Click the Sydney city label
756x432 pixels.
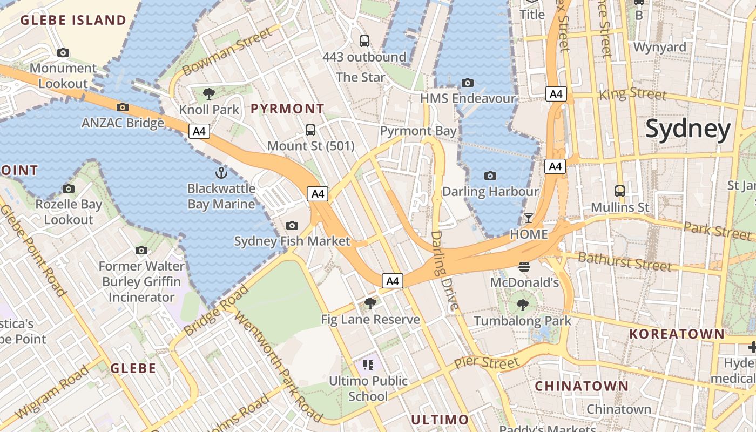[x=688, y=129]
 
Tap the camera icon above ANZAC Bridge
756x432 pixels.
[x=123, y=107]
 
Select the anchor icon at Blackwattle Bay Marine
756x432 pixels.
[x=221, y=173]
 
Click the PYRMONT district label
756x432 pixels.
[x=287, y=109]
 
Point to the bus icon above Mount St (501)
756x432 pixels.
[x=310, y=130]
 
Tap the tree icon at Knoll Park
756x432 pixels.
[x=209, y=94]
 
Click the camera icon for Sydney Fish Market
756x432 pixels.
[x=292, y=225]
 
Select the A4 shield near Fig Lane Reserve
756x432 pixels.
[x=393, y=281]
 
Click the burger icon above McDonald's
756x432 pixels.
[x=524, y=266]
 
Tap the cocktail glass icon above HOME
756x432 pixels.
[x=529, y=218]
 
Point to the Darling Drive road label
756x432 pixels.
[x=445, y=270]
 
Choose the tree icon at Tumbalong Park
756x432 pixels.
[x=522, y=305]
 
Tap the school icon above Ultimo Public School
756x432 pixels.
[x=369, y=365]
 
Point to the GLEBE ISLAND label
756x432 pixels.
[x=73, y=21]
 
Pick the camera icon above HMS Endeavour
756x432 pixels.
[x=468, y=83]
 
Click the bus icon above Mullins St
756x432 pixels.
[x=620, y=191]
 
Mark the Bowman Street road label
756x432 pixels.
[x=228, y=52]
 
